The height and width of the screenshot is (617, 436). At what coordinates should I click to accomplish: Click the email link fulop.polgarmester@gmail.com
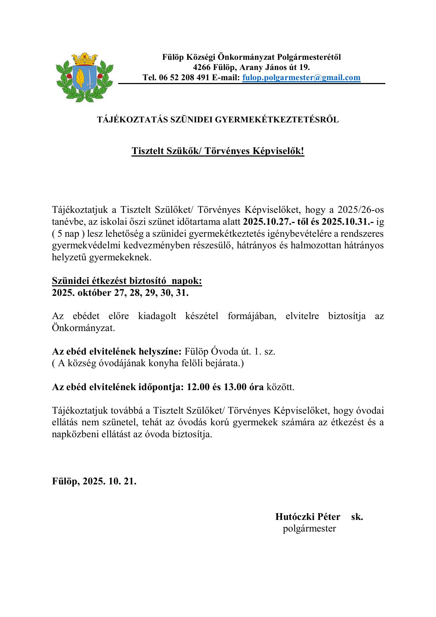click(x=301, y=78)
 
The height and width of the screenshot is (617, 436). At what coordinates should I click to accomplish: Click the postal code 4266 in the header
click(x=202, y=67)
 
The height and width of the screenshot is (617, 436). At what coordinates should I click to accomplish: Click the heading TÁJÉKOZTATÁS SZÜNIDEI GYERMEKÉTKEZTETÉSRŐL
click(x=218, y=120)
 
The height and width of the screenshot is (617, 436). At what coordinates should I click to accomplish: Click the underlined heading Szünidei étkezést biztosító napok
click(x=127, y=281)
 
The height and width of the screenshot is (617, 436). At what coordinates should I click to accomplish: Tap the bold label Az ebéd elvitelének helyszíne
click(x=117, y=351)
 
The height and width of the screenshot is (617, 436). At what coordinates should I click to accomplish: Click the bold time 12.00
click(x=198, y=387)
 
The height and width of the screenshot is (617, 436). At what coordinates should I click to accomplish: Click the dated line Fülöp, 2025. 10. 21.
click(x=94, y=481)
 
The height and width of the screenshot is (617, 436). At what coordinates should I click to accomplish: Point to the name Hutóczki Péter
click(x=308, y=517)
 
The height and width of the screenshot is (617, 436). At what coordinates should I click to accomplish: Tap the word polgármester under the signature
click(x=309, y=528)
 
